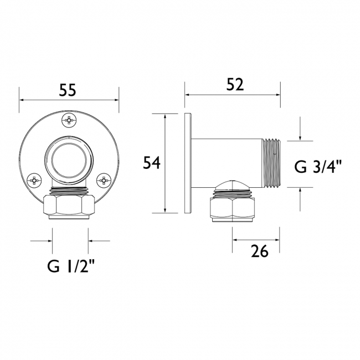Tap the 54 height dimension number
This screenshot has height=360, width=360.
(152, 163)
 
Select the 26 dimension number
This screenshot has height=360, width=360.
(259, 252)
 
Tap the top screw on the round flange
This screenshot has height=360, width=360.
(69, 119)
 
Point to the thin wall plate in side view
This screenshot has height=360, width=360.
(189, 163)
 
